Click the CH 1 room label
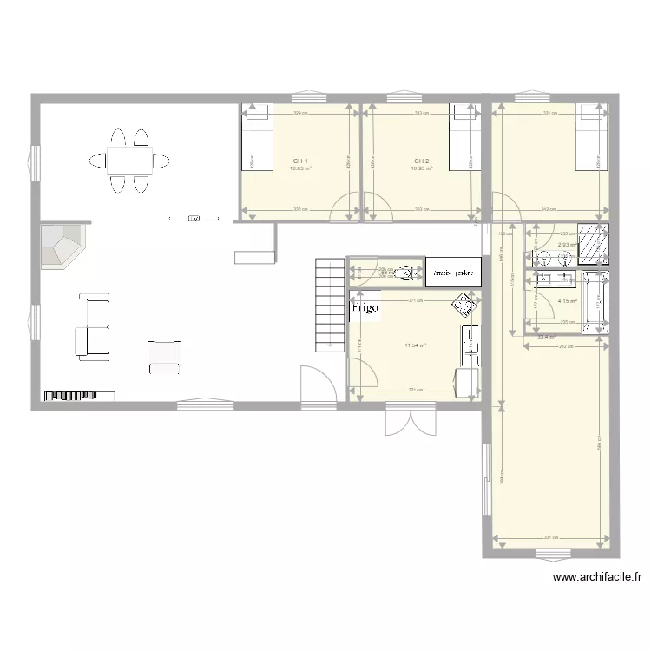tap(300, 161)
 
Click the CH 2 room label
tap(422, 161)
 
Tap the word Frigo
tap(365, 308)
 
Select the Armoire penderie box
tap(452, 272)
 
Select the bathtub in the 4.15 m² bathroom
tap(595, 302)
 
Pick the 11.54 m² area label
tap(416, 345)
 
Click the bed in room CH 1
tap(256, 144)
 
